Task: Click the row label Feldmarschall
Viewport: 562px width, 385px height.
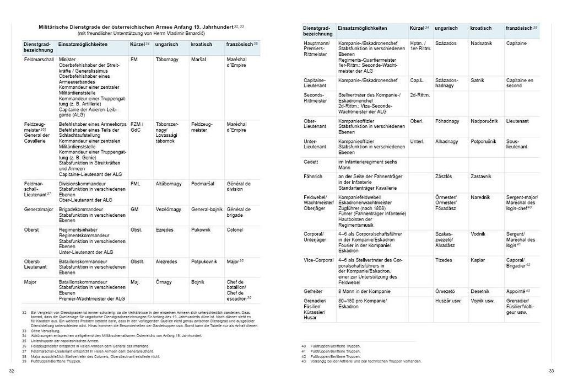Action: pos(39,59)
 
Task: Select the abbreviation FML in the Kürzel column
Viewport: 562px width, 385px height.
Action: pos(136,183)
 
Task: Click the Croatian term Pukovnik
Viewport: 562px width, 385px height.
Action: pos(201,229)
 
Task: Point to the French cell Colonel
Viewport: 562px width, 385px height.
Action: pos(235,229)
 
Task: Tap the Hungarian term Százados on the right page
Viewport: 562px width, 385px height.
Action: pos(445,42)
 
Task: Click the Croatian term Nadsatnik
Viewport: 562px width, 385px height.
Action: pos(482,42)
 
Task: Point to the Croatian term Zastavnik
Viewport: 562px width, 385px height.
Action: pos(482,177)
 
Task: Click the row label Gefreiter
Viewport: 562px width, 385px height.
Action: pos(314,291)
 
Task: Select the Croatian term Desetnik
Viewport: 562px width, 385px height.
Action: pos(480,291)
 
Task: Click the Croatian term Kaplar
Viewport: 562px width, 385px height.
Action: pos(478,260)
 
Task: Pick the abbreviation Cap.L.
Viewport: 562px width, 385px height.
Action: pos(417,81)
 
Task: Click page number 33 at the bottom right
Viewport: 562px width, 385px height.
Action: pos(552,371)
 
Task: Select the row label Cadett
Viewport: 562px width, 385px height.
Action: pos(311,162)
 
